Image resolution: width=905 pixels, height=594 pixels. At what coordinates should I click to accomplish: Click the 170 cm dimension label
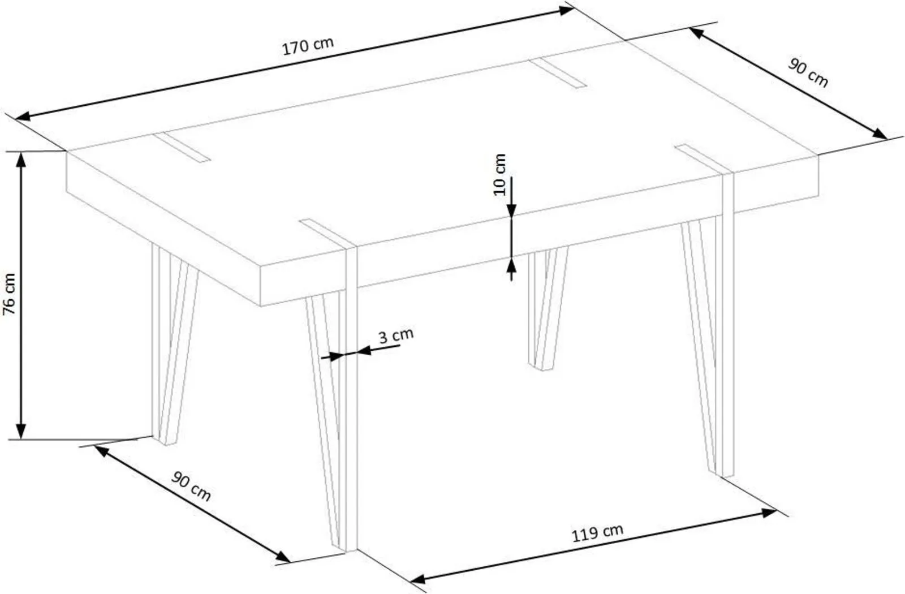308,46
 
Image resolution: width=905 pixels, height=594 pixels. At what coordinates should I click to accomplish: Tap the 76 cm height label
9,294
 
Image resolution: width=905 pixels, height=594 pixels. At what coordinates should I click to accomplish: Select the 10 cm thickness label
500,175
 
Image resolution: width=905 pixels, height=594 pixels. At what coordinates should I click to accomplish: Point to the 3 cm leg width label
396,335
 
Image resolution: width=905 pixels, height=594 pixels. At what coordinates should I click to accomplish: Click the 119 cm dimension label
597,533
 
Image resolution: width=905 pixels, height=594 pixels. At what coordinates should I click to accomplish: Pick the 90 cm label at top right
808,73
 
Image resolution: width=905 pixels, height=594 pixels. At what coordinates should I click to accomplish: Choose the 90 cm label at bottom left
191,487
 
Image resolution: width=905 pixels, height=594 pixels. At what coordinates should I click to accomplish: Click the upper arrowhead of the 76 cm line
20,160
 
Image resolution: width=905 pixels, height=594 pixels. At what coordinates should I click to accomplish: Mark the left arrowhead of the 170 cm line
23,117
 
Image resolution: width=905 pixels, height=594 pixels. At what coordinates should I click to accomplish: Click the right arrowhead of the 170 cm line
566,10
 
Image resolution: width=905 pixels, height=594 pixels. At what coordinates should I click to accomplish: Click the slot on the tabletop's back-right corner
558,73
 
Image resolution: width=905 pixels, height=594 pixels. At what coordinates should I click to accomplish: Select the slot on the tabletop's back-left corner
182,148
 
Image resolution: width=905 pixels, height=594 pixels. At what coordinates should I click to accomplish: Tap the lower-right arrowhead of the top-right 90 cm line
880,134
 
